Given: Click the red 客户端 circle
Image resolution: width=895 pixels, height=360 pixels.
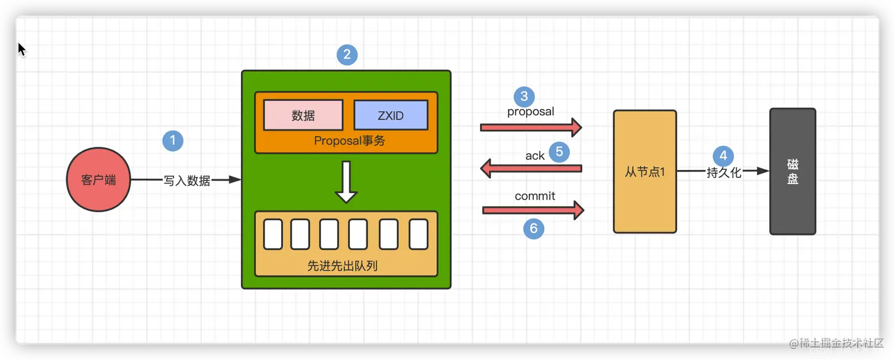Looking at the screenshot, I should tap(98, 180).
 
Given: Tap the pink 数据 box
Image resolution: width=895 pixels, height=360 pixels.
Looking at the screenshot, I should tap(303, 115).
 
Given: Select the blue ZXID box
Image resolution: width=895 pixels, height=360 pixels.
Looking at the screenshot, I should tap(391, 115).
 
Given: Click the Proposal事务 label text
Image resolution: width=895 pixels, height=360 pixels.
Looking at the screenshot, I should tap(346, 141).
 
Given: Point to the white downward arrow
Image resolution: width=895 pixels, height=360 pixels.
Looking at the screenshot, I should tap(346, 181).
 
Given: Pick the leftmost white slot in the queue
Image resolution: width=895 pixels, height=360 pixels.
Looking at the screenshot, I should tap(273, 234).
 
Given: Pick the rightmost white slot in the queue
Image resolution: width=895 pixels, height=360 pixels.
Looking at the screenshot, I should tap(418, 234).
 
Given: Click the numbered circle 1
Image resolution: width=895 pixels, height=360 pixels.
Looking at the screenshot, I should tap(173, 141).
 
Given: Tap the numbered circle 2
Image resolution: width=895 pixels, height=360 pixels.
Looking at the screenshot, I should tap(347, 55).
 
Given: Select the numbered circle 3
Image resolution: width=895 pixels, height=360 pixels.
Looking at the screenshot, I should tap(524, 97).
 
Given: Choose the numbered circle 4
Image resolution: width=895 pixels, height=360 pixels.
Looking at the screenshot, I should tap(723, 156).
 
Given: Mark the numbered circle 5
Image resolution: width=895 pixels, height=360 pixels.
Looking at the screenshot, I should tap(559, 152).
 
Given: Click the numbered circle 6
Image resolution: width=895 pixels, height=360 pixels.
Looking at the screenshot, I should tap(534, 229).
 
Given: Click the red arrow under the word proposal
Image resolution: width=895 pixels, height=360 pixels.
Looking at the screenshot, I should tap(530, 127).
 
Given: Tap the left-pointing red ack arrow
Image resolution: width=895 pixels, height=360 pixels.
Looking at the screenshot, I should tap(530, 169).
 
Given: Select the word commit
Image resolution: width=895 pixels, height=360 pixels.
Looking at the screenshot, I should tap(535, 196).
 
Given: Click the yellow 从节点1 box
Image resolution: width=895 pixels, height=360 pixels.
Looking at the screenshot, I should tap(645, 172).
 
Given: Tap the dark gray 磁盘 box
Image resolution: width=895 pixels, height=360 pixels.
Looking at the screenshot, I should tap(793, 172).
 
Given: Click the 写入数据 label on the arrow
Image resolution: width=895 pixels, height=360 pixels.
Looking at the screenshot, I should tap(186, 181).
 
